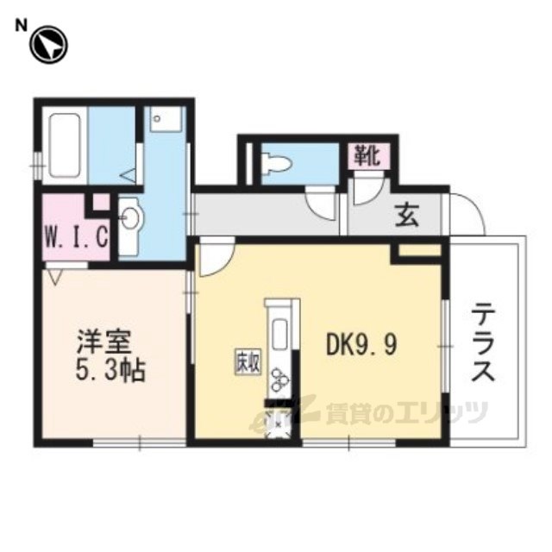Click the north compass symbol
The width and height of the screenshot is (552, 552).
pos(48,46)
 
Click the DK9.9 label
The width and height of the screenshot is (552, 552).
pos(361,346)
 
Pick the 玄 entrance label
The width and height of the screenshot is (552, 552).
pos(406,216)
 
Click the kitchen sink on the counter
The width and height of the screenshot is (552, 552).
pos(281,333)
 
